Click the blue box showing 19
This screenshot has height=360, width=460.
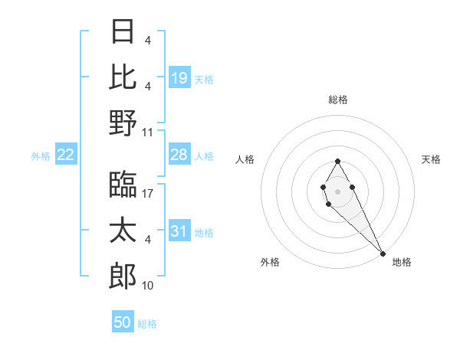179,78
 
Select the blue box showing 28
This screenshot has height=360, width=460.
179,155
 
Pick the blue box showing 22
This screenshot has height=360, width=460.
66,155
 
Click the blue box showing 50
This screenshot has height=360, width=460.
123,323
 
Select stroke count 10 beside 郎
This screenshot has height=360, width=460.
147,286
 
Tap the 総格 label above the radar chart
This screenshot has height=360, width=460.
338,100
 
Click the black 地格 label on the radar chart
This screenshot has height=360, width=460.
402,262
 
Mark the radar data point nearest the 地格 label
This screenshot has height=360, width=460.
383,254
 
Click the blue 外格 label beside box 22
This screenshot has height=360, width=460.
41,156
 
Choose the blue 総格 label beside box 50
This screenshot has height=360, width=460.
147,324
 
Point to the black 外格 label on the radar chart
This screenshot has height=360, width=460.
270,262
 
